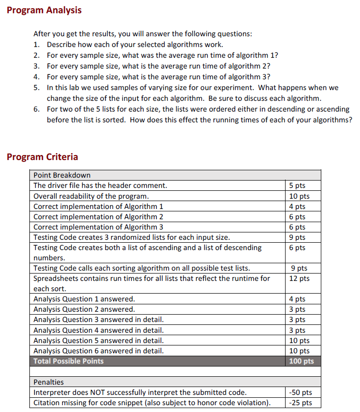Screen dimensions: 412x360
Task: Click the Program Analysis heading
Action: [x=44, y=10]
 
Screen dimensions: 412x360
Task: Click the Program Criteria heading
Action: [x=42, y=157]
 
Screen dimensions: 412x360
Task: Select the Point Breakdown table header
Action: [x=62, y=175]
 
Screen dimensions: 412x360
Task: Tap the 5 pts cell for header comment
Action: [x=297, y=185]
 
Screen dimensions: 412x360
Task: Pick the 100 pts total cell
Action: [x=301, y=361]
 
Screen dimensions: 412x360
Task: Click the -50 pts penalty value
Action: [x=301, y=392]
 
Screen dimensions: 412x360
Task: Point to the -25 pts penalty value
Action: [x=301, y=403]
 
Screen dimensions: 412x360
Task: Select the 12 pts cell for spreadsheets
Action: [x=299, y=278]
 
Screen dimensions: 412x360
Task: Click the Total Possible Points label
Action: [x=69, y=361]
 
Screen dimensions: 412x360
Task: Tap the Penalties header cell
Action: [x=48, y=382]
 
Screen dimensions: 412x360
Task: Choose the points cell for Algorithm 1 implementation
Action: [x=297, y=206]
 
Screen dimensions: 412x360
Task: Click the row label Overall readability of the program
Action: [x=91, y=196]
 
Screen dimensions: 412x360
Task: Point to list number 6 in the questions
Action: [x=36, y=109]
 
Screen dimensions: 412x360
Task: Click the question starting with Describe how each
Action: [x=135, y=44]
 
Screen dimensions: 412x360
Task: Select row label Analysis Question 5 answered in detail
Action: [x=98, y=341]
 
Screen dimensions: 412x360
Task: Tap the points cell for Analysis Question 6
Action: [x=299, y=351]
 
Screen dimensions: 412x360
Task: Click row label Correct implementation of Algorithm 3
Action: [x=98, y=227]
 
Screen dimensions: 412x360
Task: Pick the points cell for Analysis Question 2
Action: [x=297, y=309]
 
